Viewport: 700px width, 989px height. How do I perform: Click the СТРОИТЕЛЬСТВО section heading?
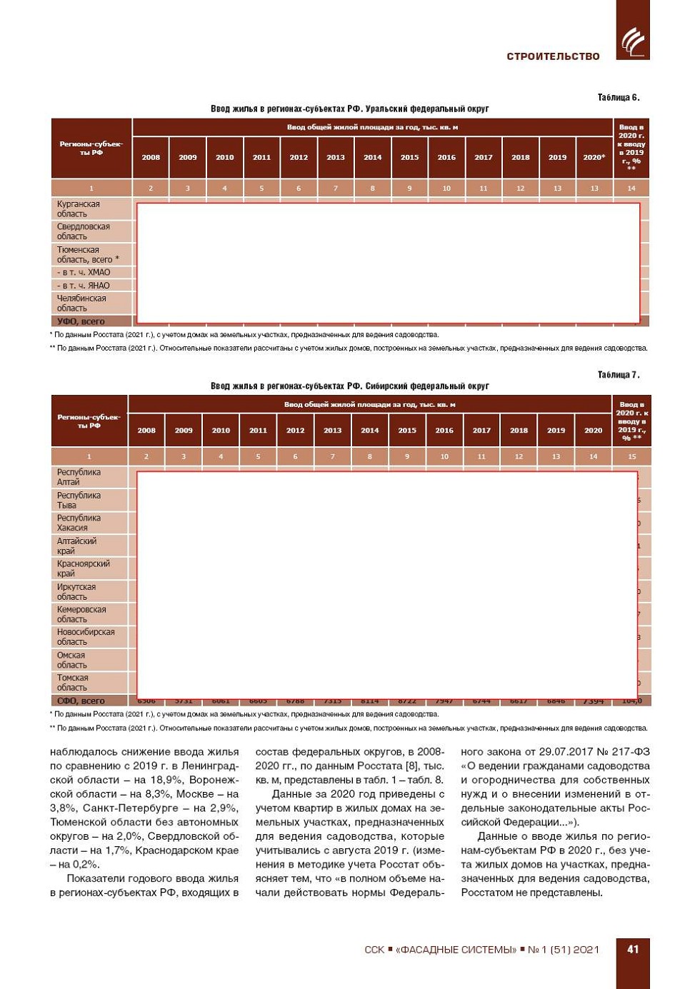(x=553, y=56)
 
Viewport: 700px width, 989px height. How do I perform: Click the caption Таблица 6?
(x=618, y=97)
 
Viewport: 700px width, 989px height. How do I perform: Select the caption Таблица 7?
(x=618, y=375)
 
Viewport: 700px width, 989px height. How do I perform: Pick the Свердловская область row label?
(x=83, y=231)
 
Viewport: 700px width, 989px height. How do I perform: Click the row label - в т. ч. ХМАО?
(x=84, y=273)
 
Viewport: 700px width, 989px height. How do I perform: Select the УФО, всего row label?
(x=80, y=321)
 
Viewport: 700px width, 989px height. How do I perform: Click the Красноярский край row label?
(x=83, y=568)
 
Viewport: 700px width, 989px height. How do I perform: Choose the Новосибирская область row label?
(x=85, y=637)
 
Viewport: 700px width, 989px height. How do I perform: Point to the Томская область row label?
(x=72, y=683)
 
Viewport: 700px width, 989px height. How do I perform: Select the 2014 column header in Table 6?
(x=372, y=157)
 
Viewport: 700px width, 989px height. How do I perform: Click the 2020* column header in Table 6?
(x=594, y=157)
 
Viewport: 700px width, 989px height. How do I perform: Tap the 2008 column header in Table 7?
(x=146, y=431)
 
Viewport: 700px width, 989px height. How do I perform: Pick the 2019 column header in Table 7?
(x=556, y=431)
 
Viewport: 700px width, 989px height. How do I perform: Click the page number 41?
(x=633, y=949)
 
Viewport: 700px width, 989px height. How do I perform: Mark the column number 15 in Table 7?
(x=631, y=456)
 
